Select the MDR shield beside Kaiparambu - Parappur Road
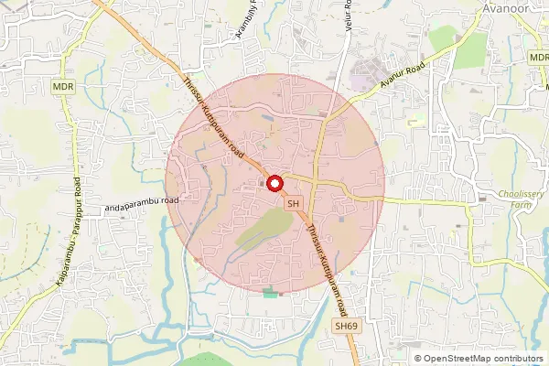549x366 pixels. coord(62,87)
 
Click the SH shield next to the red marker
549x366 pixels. coord(294,203)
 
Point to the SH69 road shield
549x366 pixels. coord(344,325)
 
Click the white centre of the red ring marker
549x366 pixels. coord(274,182)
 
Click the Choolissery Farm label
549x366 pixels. coord(523,199)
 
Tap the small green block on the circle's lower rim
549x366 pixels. coord(269,293)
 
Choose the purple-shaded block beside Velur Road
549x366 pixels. coord(372,77)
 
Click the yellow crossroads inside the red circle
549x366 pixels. coord(317,179)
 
